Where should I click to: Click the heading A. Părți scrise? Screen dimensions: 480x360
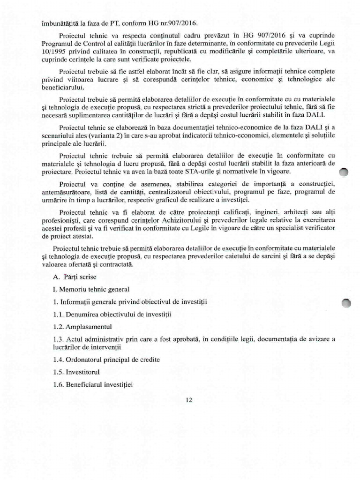tap(75, 277)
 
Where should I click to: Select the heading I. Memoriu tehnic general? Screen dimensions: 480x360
tap(91, 289)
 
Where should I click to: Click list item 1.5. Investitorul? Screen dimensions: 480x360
tap(77, 372)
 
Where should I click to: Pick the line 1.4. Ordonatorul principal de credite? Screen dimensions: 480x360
tap(106, 360)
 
